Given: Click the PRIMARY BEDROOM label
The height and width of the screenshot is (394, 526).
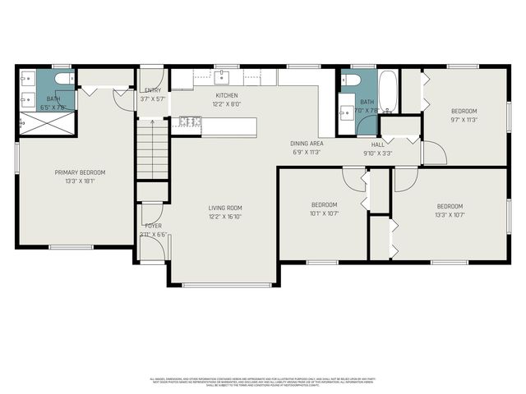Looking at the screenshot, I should coord(80,172).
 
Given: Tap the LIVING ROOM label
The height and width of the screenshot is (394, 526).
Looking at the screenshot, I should coord(224,208).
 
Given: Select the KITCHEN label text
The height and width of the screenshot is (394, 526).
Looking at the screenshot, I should coord(227,96).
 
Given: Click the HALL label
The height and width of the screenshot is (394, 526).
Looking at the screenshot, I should coord(378,144).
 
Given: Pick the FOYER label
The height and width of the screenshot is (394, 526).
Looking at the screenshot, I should coord(153,225).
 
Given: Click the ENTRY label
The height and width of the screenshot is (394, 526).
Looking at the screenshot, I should coord(153,90).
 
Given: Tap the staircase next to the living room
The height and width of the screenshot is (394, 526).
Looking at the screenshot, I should coord(152,148).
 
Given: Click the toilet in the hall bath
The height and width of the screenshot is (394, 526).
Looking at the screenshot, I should coord(349,80).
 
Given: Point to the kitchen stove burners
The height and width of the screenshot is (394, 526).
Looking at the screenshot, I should coord(190,122).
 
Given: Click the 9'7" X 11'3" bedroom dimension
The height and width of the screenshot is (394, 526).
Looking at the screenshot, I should coord(464,119).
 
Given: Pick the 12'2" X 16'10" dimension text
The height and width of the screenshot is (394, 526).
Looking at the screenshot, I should coord(224,216).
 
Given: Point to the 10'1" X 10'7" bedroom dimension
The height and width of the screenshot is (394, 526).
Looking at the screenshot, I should coord(324,213).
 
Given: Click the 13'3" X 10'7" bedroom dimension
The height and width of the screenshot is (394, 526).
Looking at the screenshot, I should coord(449,214).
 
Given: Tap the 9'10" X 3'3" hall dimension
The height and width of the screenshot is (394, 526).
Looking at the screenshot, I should coord(378,153).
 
